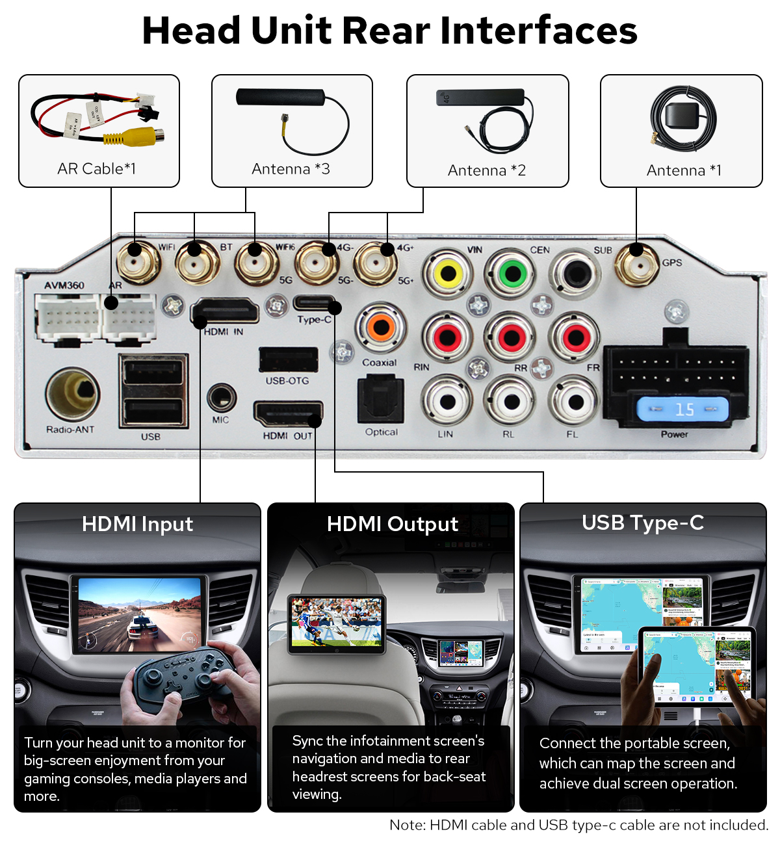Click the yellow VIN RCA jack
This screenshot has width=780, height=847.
tap(448, 274)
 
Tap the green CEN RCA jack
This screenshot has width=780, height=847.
tap(513, 273)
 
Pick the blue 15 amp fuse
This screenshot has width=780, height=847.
tap(682, 410)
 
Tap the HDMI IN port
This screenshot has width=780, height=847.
tap(225, 311)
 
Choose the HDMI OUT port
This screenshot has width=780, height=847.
tap(287, 414)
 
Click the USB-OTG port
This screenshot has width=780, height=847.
tap(288, 359)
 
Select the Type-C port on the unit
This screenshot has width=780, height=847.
tap(314, 303)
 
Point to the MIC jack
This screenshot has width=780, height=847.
tap(221, 398)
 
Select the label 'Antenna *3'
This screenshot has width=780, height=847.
tap(291, 169)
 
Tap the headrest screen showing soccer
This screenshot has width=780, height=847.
tap(337, 623)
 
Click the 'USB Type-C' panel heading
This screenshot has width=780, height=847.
tap(642, 523)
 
